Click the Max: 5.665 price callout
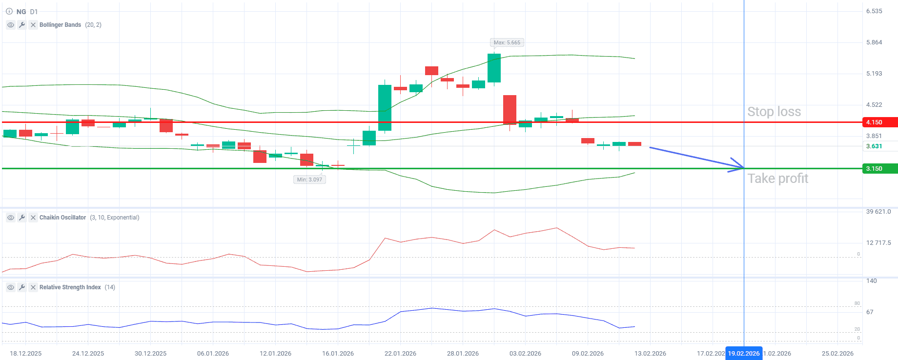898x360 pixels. click(507, 42)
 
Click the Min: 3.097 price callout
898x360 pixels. click(309, 180)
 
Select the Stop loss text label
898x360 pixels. click(774, 112)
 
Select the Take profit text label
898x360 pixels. click(778, 179)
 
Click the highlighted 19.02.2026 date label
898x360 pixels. click(744, 353)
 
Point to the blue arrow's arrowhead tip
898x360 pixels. click(743, 168)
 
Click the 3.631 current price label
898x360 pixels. click(874, 146)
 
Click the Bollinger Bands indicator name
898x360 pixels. click(60, 25)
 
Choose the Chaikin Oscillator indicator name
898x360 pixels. click(62, 218)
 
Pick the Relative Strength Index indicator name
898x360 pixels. click(70, 287)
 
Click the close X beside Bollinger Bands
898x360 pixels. click(33, 25)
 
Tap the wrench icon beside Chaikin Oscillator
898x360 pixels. click(22, 218)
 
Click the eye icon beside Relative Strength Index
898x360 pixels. click(11, 287)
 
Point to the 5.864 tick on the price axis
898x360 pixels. click(874, 42)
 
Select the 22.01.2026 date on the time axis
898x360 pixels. click(400, 353)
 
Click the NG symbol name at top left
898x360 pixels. click(21, 12)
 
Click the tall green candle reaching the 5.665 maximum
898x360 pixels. click(494, 68)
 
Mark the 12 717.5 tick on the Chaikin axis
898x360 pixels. click(878, 242)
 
